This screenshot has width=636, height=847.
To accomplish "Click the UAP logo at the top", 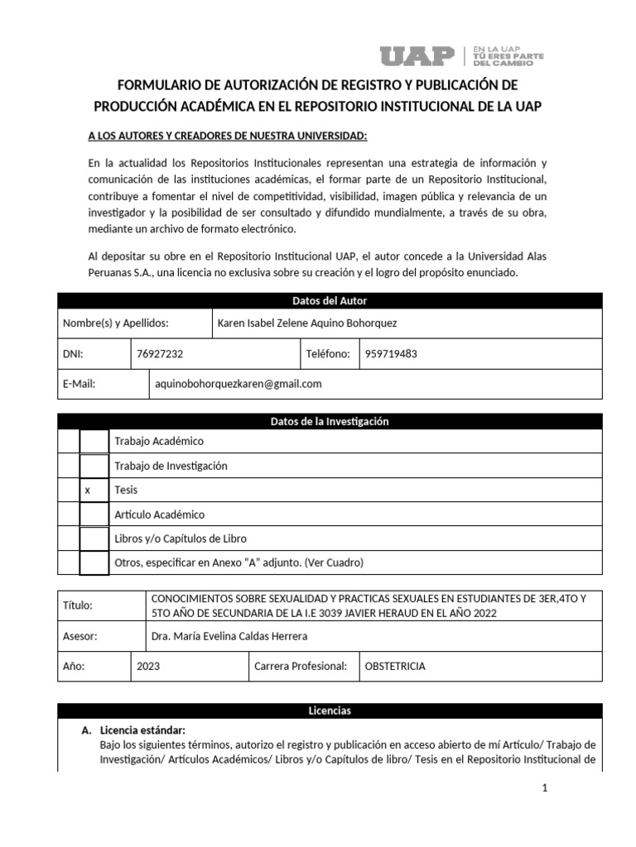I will coord(417,55).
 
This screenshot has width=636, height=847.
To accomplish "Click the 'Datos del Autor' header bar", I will coord(330,301).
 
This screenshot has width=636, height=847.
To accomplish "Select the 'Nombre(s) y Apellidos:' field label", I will coord(116,323).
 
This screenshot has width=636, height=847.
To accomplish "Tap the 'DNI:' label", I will coord(74,353).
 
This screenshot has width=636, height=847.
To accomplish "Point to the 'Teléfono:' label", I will coord(328,353).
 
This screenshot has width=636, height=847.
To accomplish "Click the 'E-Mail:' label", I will coord(80,384).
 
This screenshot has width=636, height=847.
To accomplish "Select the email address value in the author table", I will coord(238,384).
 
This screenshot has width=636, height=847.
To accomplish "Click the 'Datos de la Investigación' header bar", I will coord(330,422).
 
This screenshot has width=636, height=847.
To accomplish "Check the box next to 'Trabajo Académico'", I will coord(94,442).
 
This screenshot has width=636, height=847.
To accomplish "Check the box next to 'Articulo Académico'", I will coord(94,514).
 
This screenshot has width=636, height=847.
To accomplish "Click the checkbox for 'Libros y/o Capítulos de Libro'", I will coord(94,538).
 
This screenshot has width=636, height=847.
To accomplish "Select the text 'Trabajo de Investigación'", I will coord(171,466).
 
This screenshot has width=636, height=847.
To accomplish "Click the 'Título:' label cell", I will coord(79,605).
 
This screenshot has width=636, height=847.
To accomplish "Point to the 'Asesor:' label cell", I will coord(80,636).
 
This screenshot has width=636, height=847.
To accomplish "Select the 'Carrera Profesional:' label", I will coord(300,666).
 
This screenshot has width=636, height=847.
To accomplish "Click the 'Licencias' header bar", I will coord(330,711).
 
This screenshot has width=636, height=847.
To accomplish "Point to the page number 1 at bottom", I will coord(545,789).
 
